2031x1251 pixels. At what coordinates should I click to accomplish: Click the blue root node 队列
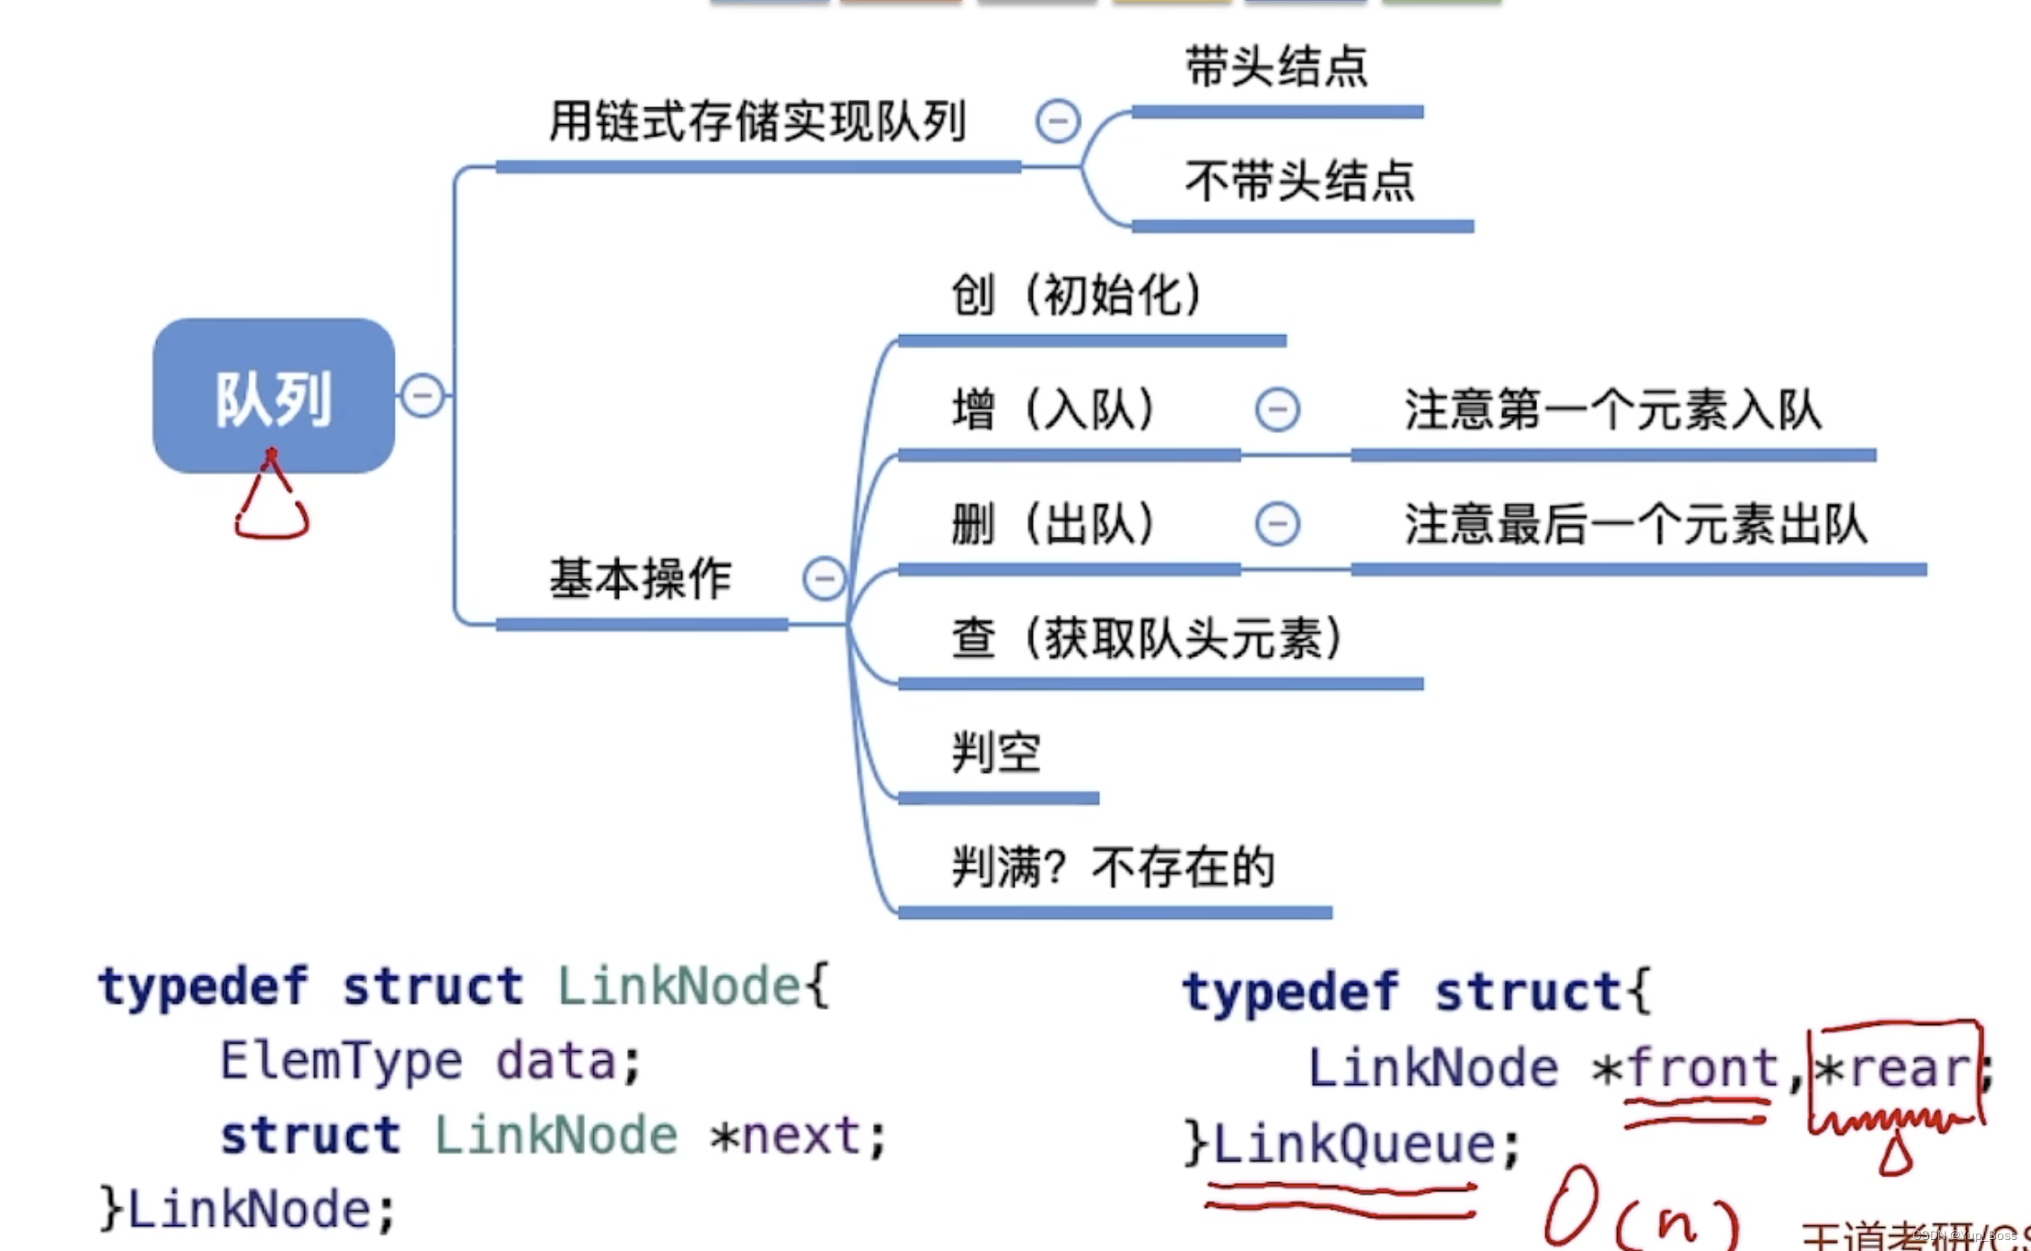274,397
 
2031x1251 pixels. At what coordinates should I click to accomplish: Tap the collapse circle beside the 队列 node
423,396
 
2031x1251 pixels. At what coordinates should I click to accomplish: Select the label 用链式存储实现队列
757,122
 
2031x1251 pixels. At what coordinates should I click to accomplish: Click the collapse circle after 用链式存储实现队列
1058,121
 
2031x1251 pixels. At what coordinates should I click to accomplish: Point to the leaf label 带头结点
1276,67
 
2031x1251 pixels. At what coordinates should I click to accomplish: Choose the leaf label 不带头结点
1300,181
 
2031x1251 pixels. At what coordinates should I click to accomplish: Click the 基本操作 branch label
640,579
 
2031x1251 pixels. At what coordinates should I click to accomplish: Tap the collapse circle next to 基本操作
824,579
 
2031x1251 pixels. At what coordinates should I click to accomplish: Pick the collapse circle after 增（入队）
1277,409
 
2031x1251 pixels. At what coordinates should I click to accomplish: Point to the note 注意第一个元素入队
1612,409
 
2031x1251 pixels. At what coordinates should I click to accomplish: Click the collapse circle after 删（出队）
1277,524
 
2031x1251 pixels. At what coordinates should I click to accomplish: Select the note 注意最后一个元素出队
1635,525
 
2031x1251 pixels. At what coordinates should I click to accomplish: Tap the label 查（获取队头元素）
1147,639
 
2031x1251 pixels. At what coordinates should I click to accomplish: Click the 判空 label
996,754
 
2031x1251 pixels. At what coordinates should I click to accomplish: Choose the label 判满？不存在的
1113,867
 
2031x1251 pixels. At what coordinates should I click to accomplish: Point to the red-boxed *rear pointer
1894,1068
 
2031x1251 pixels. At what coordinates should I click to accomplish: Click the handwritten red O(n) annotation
1640,1211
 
